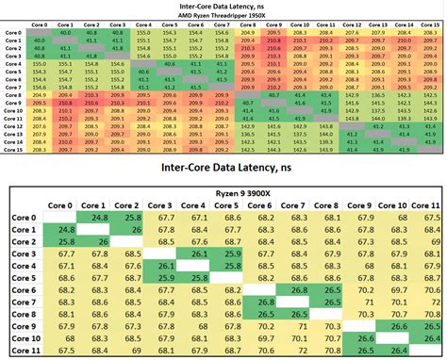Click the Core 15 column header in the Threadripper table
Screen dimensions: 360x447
(431, 25)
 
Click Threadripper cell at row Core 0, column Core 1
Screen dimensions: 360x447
(67, 33)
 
